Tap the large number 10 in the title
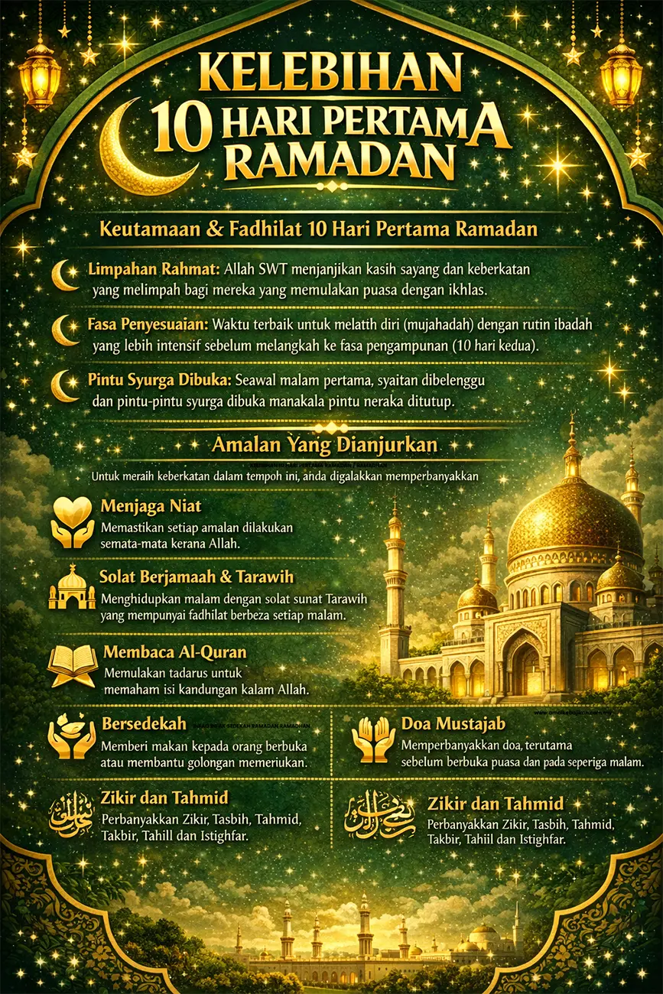point(181,125)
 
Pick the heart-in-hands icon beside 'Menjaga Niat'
point(72,522)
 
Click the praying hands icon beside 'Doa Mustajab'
point(373,740)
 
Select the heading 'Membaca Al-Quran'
point(174,654)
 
